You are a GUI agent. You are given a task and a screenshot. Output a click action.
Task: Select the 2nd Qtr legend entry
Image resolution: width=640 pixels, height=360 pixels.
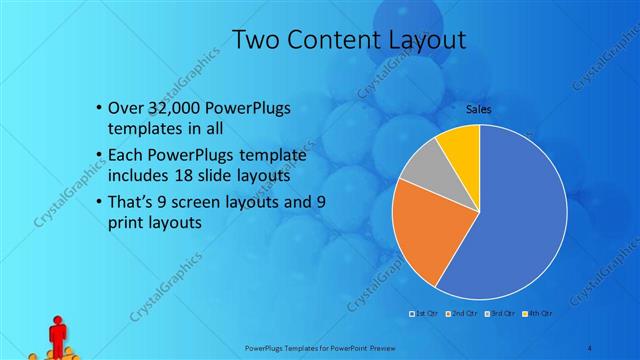[x=460, y=314]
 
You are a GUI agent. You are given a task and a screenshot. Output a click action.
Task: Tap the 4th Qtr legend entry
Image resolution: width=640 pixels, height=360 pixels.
[x=535, y=314]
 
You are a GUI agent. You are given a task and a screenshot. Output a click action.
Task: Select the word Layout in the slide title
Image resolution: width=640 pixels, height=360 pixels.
[x=430, y=40]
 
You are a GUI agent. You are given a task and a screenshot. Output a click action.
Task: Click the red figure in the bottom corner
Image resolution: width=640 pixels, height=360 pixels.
[x=57, y=335]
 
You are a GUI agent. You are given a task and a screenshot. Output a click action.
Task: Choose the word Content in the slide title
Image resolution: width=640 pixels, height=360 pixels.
[x=337, y=40]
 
